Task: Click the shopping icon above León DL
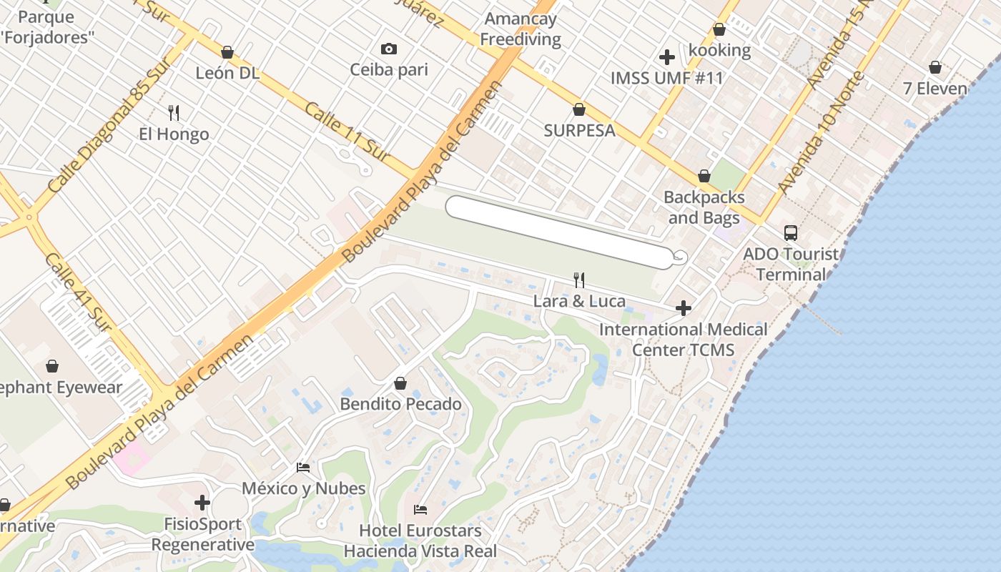pos(227,52)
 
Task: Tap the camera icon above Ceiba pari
pos(389,49)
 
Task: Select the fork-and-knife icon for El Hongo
pos(174,112)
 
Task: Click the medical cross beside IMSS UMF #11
pos(667,57)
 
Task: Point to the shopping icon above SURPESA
pos(579,109)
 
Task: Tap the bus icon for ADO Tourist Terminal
pos(791,232)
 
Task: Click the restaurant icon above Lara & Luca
pos(579,280)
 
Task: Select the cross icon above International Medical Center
pos(684,308)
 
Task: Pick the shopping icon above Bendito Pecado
pos(400,383)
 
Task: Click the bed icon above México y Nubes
pos(303,468)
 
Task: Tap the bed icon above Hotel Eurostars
pos(420,510)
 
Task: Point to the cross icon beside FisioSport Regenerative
pos(202,503)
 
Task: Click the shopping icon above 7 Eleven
pos(935,67)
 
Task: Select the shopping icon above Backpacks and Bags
pos(704,176)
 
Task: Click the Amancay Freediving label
pos(521,29)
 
